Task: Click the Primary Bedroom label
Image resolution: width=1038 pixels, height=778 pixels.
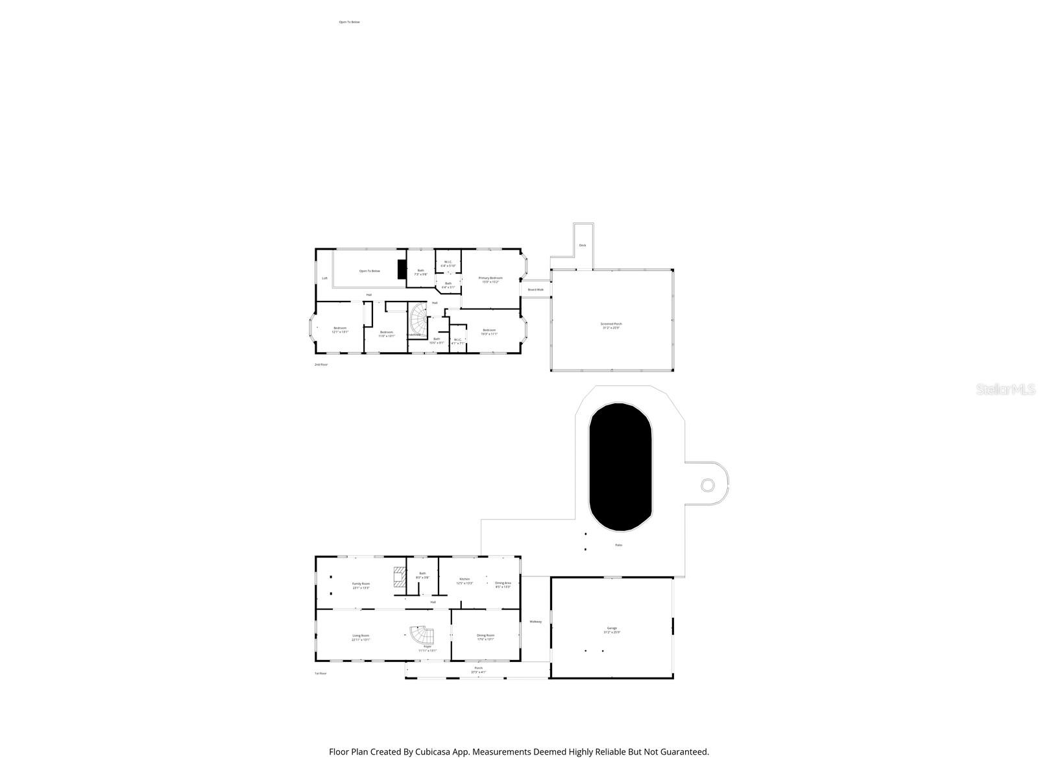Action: [490, 278]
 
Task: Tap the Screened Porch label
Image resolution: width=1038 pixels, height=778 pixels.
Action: [611, 324]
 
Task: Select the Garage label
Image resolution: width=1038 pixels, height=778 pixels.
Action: [612, 628]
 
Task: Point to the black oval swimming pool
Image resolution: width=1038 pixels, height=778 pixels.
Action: [620, 467]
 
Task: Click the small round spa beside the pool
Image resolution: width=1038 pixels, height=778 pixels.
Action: [708, 485]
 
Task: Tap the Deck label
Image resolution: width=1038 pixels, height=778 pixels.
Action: [582, 245]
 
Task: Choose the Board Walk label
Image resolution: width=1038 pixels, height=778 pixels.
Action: [535, 289]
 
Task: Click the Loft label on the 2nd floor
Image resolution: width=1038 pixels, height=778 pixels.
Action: [325, 278]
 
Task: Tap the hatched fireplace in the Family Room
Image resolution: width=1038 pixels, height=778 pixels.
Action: [399, 578]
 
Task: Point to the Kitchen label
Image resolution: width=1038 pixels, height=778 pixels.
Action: [465, 579]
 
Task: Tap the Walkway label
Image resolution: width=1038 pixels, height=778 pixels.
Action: [535, 622]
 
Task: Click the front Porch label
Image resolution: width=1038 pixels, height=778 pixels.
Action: [478, 668]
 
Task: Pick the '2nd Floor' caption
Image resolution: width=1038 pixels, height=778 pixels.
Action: [321, 364]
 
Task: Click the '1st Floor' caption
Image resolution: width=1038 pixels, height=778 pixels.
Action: [320, 674]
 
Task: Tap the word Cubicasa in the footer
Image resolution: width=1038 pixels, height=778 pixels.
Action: [436, 752]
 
